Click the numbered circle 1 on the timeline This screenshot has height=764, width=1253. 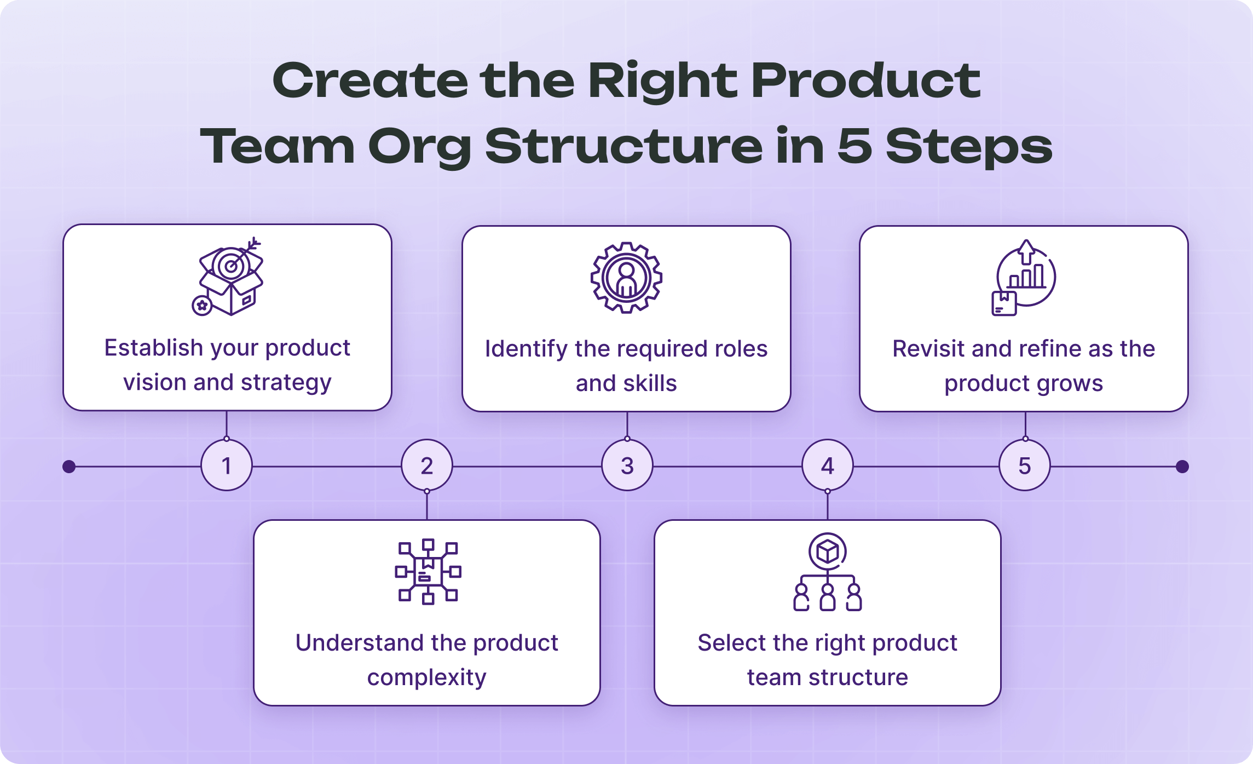pyautogui.click(x=226, y=466)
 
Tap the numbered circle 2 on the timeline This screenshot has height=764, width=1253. pyautogui.click(x=426, y=466)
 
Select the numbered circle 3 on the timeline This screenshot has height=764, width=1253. pyautogui.click(x=627, y=466)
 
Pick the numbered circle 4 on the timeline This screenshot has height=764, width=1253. pyautogui.click(x=827, y=466)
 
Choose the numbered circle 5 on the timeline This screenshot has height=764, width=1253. pyautogui.click(x=1024, y=466)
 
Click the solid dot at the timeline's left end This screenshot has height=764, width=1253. pyautogui.click(x=69, y=467)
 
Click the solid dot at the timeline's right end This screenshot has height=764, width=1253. pyautogui.click(x=1182, y=467)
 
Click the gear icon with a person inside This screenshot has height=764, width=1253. pyautogui.click(x=626, y=278)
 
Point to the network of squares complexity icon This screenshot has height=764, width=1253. pyautogui.click(x=428, y=571)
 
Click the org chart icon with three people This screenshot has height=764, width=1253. pyautogui.click(x=827, y=572)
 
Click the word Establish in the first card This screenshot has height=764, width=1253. pyautogui.click(x=154, y=348)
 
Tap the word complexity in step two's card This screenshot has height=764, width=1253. pyautogui.click(x=426, y=677)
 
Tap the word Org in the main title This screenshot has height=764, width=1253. pyautogui.click(x=419, y=147)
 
